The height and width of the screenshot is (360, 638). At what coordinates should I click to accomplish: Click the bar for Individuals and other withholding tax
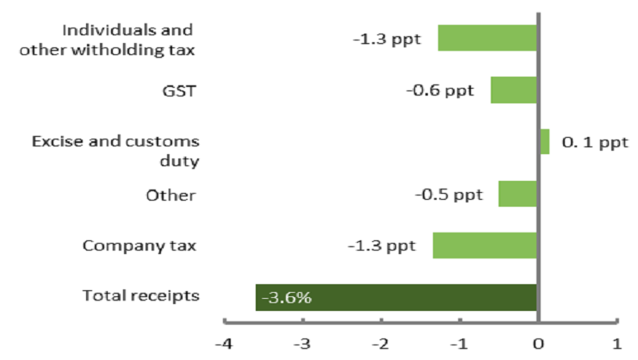coord(487,39)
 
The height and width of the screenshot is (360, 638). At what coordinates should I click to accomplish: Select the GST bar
coord(513,90)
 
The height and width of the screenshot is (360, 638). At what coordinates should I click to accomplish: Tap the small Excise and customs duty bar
coord(544,142)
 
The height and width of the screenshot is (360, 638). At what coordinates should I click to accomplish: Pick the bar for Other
coord(517,194)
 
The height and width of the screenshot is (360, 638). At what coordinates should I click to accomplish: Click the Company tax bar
coord(485,245)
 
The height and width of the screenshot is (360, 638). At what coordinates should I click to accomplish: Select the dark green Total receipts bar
coord(396,297)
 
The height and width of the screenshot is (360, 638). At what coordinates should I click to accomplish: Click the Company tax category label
coord(139,246)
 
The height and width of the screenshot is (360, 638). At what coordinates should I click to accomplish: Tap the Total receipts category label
coord(141,296)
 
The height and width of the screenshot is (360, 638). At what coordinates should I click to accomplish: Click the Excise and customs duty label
coord(115,151)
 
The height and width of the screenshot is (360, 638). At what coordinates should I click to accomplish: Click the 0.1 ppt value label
coord(595,142)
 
